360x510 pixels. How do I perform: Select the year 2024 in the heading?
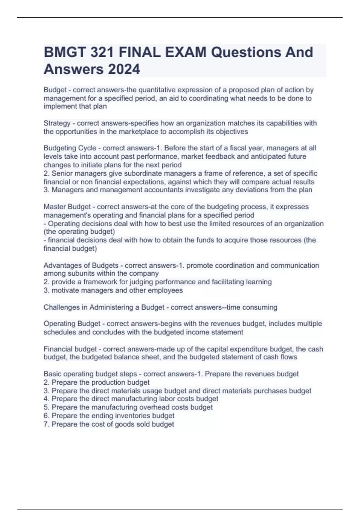tap(124, 69)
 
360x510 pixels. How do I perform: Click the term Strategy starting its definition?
tap(57, 123)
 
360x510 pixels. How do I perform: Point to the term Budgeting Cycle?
tap(70, 148)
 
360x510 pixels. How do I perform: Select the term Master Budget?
tap(67, 207)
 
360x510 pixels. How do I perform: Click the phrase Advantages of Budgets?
tap(81, 265)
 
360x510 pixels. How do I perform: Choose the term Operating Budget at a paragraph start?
tap(72, 324)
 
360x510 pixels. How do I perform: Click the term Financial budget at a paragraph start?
tap(70, 349)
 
